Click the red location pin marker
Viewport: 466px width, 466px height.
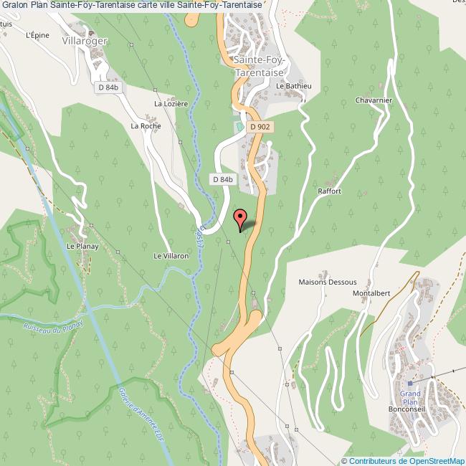(x=241, y=219)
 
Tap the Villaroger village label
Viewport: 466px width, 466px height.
(x=85, y=41)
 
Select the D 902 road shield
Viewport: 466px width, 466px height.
(x=260, y=126)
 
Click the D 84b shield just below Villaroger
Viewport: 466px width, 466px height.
(x=108, y=87)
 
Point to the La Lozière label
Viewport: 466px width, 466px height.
(x=171, y=103)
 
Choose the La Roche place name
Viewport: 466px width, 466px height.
(x=146, y=125)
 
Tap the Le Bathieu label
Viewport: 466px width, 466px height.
(x=293, y=87)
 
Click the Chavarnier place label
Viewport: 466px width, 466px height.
(x=374, y=100)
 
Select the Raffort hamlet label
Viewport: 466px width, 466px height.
(x=329, y=191)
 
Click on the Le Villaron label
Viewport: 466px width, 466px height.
(x=171, y=255)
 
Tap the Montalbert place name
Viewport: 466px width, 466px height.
(x=371, y=294)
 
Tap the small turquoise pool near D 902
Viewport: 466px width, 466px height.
(x=237, y=126)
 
